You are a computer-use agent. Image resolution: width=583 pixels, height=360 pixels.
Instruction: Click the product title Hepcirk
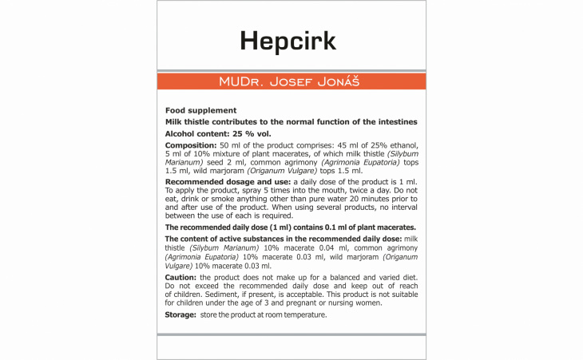coord(291,41)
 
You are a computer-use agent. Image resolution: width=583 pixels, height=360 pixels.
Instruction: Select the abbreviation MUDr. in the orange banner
coord(242,82)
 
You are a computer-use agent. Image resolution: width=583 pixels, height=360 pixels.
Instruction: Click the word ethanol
coord(396,147)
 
